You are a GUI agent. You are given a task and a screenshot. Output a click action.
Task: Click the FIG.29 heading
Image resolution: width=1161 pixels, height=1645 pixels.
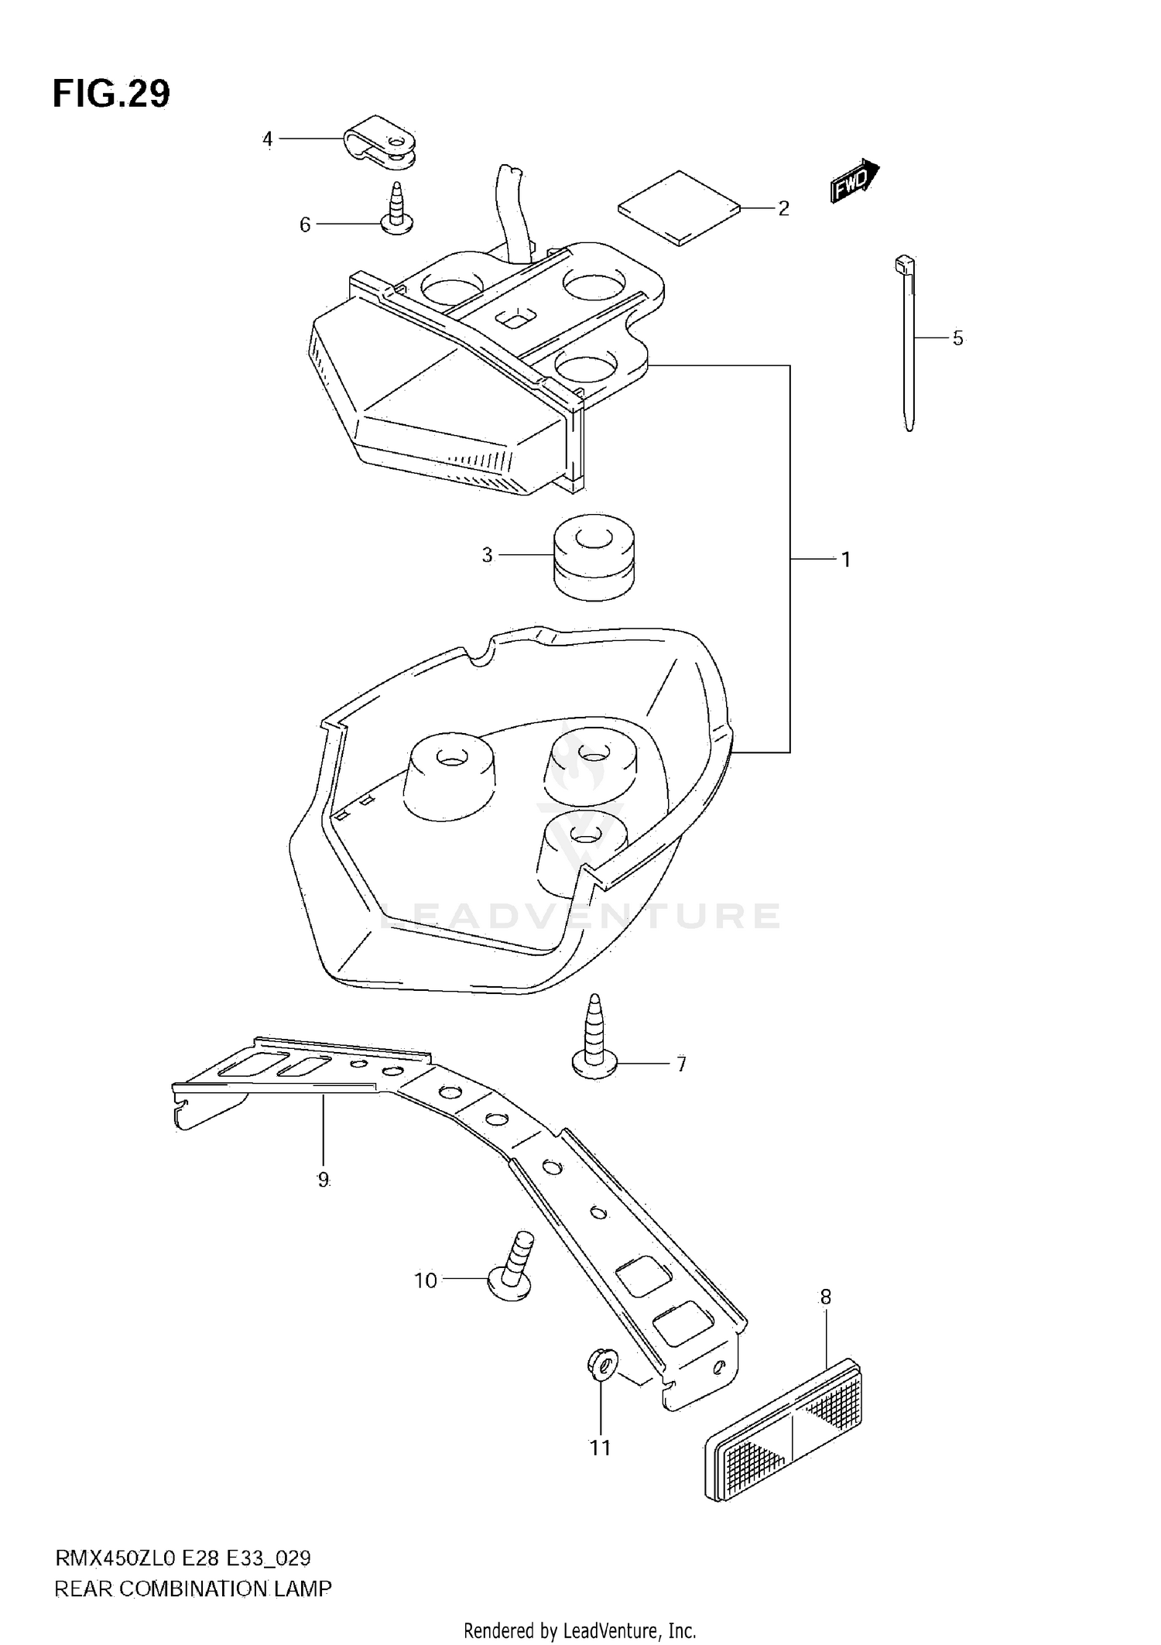tap(111, 94)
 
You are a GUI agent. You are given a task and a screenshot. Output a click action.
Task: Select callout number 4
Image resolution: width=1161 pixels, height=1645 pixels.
tap(268, 139)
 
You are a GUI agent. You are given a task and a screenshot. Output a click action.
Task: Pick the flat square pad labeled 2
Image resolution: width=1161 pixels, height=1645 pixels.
tap(680, 207)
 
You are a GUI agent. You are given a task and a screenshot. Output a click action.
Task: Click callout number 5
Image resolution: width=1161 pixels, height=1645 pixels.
tap(958, 338)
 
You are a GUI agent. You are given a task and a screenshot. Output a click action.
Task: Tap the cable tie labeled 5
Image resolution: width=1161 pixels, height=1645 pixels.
tap(907, 341)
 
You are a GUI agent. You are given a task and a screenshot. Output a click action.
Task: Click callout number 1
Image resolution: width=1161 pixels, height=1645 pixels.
tap(846, 559)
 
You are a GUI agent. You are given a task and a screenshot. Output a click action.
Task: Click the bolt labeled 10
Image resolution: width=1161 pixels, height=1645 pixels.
tap(511, 1270)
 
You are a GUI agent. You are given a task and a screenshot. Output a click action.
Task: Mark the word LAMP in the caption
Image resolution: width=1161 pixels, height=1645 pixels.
tap(303, 1589)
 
